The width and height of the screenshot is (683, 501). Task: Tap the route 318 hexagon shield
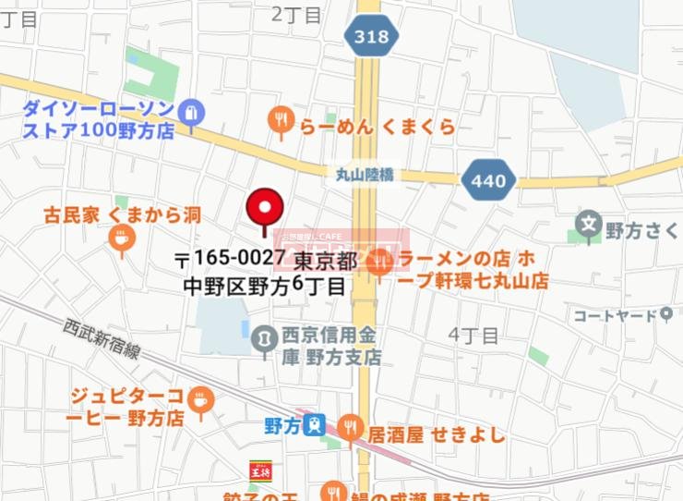(373, 38)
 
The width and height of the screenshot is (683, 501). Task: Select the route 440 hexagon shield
(487, 180)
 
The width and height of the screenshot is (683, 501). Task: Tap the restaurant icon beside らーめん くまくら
(281, 120)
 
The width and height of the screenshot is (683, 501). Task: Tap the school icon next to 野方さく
(588, 225)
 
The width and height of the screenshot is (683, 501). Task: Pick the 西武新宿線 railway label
(102, 339)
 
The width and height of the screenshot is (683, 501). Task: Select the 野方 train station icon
(316, 425)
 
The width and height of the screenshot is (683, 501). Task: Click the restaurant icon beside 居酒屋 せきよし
(350, 426)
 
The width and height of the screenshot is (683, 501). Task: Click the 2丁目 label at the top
(296, 15)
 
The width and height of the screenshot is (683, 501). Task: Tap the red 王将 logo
(261, 470)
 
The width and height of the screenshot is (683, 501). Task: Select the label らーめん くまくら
(377, 126)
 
